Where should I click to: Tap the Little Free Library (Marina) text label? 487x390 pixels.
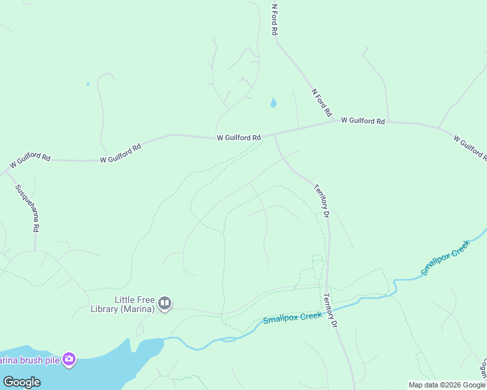135,304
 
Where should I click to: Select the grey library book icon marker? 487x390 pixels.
165,304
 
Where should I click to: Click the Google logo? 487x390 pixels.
22,382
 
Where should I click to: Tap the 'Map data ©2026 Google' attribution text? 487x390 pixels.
447,385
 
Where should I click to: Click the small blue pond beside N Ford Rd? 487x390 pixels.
273,103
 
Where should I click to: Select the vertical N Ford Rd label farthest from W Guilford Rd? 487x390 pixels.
275,19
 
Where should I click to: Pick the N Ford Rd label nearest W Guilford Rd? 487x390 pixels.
322,102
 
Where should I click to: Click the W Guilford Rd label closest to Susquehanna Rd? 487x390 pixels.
29,157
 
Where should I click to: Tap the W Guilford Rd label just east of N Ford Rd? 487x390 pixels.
363,121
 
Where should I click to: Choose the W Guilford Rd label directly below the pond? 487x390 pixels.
239,138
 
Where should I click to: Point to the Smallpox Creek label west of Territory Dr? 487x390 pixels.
292,318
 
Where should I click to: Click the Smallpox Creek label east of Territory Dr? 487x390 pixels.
445,259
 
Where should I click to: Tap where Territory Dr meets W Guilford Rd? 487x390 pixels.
275,135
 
